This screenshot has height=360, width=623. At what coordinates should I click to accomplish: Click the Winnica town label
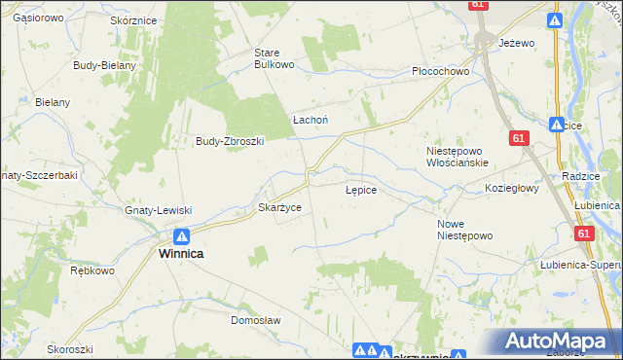(181, 253)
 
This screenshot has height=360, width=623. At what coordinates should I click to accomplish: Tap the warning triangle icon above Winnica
(181, 235)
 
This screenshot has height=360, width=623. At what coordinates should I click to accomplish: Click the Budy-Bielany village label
(104, 65)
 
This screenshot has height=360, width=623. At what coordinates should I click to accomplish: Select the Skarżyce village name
(279, 208)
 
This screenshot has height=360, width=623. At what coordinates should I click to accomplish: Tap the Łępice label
(361, 191)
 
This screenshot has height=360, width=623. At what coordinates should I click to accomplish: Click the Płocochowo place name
(441, 71)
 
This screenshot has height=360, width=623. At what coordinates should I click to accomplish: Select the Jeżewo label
(517, 44)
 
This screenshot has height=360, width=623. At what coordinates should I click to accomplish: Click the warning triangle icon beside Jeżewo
(554, 20)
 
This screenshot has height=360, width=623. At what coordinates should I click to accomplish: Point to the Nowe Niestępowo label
(465, 230)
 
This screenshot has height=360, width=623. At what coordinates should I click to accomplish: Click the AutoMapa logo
(560, 342)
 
